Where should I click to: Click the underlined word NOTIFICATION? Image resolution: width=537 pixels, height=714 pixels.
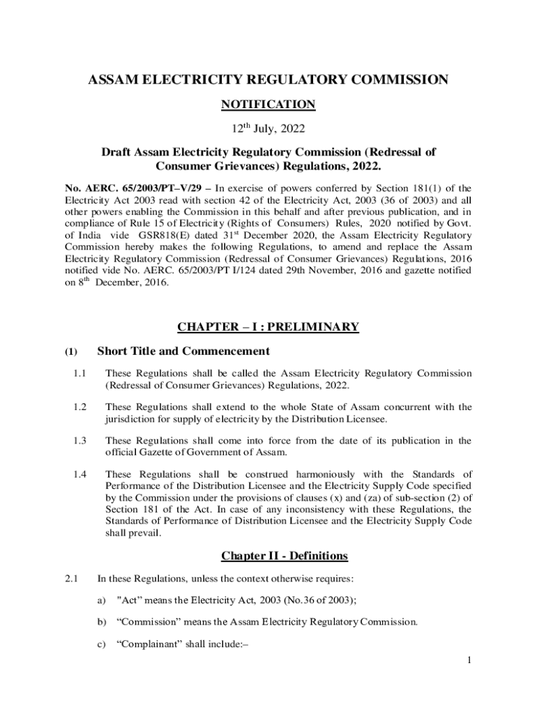(x=268, y=105)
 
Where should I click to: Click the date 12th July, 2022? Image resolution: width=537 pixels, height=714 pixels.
(x=268, y=129)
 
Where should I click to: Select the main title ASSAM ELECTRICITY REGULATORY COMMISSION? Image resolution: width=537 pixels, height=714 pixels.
(x=268, y=80)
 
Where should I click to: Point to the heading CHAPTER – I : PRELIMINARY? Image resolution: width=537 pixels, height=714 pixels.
(x=268, y=326)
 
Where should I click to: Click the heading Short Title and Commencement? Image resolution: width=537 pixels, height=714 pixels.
(x=183, y=351)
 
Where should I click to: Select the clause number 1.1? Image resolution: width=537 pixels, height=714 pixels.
(x=79, y=374)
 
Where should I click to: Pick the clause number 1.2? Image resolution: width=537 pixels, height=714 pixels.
(x=79, y=407)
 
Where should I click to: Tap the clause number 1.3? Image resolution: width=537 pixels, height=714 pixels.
(x=79, y=440)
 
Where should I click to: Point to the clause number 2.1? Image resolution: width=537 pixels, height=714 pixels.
(x=71, y=578)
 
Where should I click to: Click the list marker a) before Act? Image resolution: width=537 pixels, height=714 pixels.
(x=103, y=600)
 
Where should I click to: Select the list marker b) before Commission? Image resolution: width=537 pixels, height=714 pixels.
(x=103, y=623)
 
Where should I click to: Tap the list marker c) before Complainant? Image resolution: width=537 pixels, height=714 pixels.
(x=103, y=645)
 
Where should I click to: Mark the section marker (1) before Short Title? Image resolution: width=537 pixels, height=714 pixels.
(x=72, y=351)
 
